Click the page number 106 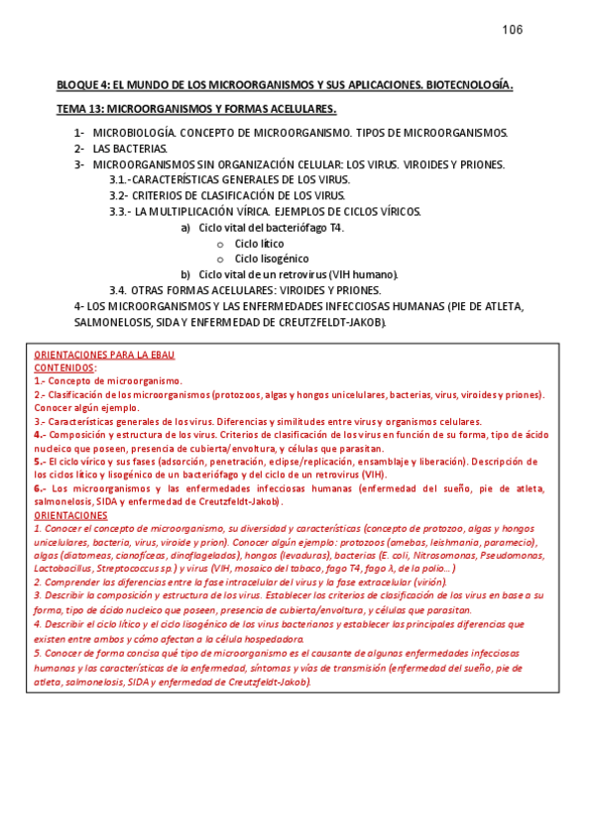coord(513,29)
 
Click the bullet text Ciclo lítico coord(259,243)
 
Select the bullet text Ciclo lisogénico coord(271,259)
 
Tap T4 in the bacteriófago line coord(337,227)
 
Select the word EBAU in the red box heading coord(162,354)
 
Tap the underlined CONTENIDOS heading coord(64,367)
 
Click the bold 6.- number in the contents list coord(40,488)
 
